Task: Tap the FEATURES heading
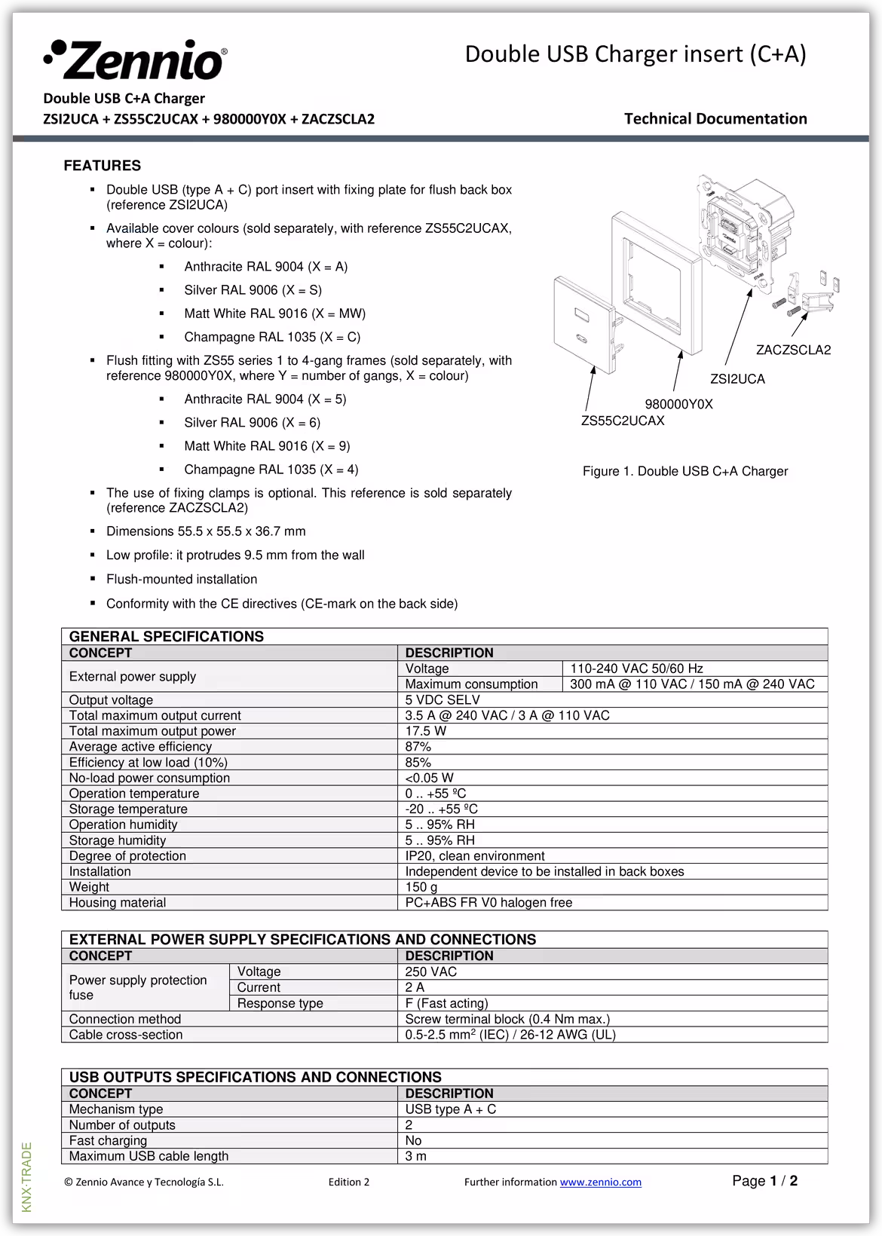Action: click(x=102, y=166)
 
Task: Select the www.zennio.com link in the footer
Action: click(x=600, y=1182)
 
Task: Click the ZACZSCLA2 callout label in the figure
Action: click(x=793, y=350)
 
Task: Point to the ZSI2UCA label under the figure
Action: click(x=737, y=379)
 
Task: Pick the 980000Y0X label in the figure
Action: click(x=678, y=405)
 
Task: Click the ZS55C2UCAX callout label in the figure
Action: click(x=623, y=421)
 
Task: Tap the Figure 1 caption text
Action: click(x=684, y=472)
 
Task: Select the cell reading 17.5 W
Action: click(x=426, y=731)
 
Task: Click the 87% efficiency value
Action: click(x=418, y=747)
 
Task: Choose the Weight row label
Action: click(x=89, y=887)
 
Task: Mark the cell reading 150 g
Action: click(x=421, y=887)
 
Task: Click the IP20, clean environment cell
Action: click(x=475, y=856)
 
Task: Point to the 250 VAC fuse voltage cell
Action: click(x=431, y=972)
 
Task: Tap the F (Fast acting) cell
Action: click(x=447, y=1004)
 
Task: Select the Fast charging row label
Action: click(x=108, y=1141)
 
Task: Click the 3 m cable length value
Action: click(x=415, y=1156)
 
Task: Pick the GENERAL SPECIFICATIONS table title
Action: click(x=167, y=637)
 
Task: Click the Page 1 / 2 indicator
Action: click(x=764, y=1181)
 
